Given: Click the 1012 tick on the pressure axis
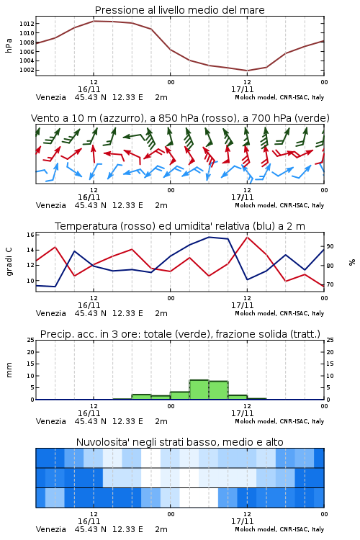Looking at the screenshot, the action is coord(27,24).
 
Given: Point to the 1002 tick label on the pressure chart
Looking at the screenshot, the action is coord(27,70).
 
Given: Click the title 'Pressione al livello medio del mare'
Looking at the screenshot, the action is coord(180,10).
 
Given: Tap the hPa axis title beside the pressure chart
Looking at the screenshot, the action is coord(9,45).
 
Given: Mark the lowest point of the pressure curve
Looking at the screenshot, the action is coord(247,71).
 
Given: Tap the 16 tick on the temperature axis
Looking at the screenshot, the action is coord(30,235).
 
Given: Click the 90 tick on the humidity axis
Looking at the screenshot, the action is coord(330,246).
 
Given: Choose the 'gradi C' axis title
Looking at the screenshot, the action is coord(9,261).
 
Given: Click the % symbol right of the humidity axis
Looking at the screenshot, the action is coord(352,262).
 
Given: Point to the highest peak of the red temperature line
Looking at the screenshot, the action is coord(247,237).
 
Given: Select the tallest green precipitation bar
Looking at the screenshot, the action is coord(199,390).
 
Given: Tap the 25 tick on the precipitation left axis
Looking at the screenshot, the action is coord(30,340).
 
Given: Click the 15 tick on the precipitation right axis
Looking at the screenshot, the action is coord(330,364).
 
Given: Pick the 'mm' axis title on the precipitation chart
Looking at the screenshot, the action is coord(9,369).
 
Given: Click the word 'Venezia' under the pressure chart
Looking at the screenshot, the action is coord(50,97).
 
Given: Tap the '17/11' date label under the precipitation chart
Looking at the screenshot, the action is coord(242,413).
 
